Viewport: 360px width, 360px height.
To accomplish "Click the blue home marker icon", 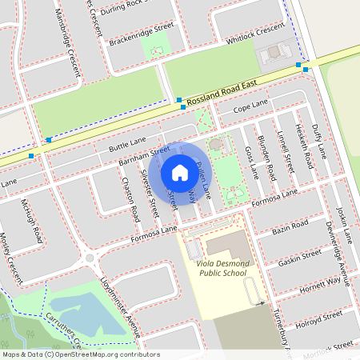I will pyautogui.click(x=179, y=172).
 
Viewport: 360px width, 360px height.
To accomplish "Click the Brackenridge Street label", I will pyautogui.click(x=142, y=33).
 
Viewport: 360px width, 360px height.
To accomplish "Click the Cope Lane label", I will pyautogui.click(x=250, y=106).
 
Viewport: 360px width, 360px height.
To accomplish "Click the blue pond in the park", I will pyautogui.click(x=88, y=314).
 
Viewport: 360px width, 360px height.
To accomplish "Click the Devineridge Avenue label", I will pyautogui.click(x=334, y=238).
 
